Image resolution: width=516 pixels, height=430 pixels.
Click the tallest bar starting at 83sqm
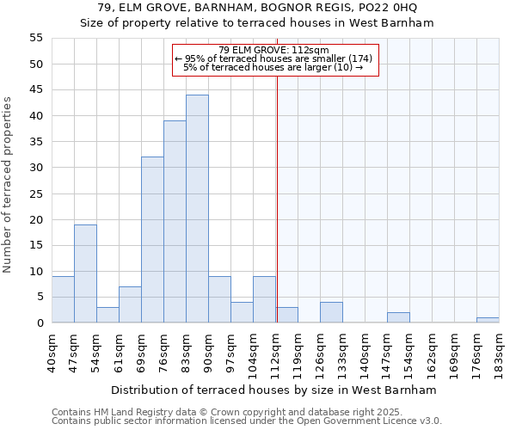pos(197,209)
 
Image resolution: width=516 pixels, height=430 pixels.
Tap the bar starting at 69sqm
pos(152,240)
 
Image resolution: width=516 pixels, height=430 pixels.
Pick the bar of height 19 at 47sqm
pos(85,273)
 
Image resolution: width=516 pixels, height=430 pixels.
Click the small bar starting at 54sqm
pos(107,315)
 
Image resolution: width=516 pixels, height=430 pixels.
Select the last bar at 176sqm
pos(488,320)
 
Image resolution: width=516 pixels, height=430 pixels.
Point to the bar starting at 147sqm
pos(398,317)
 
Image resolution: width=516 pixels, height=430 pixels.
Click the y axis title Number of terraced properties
pos(8,184)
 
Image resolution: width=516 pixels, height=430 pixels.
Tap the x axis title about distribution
pos(273,390)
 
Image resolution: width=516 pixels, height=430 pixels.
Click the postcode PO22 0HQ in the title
pos(388,8)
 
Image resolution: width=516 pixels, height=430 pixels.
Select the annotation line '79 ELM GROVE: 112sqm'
pos(275,50)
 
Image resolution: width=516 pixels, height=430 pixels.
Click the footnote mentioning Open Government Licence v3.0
pos(247,421)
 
